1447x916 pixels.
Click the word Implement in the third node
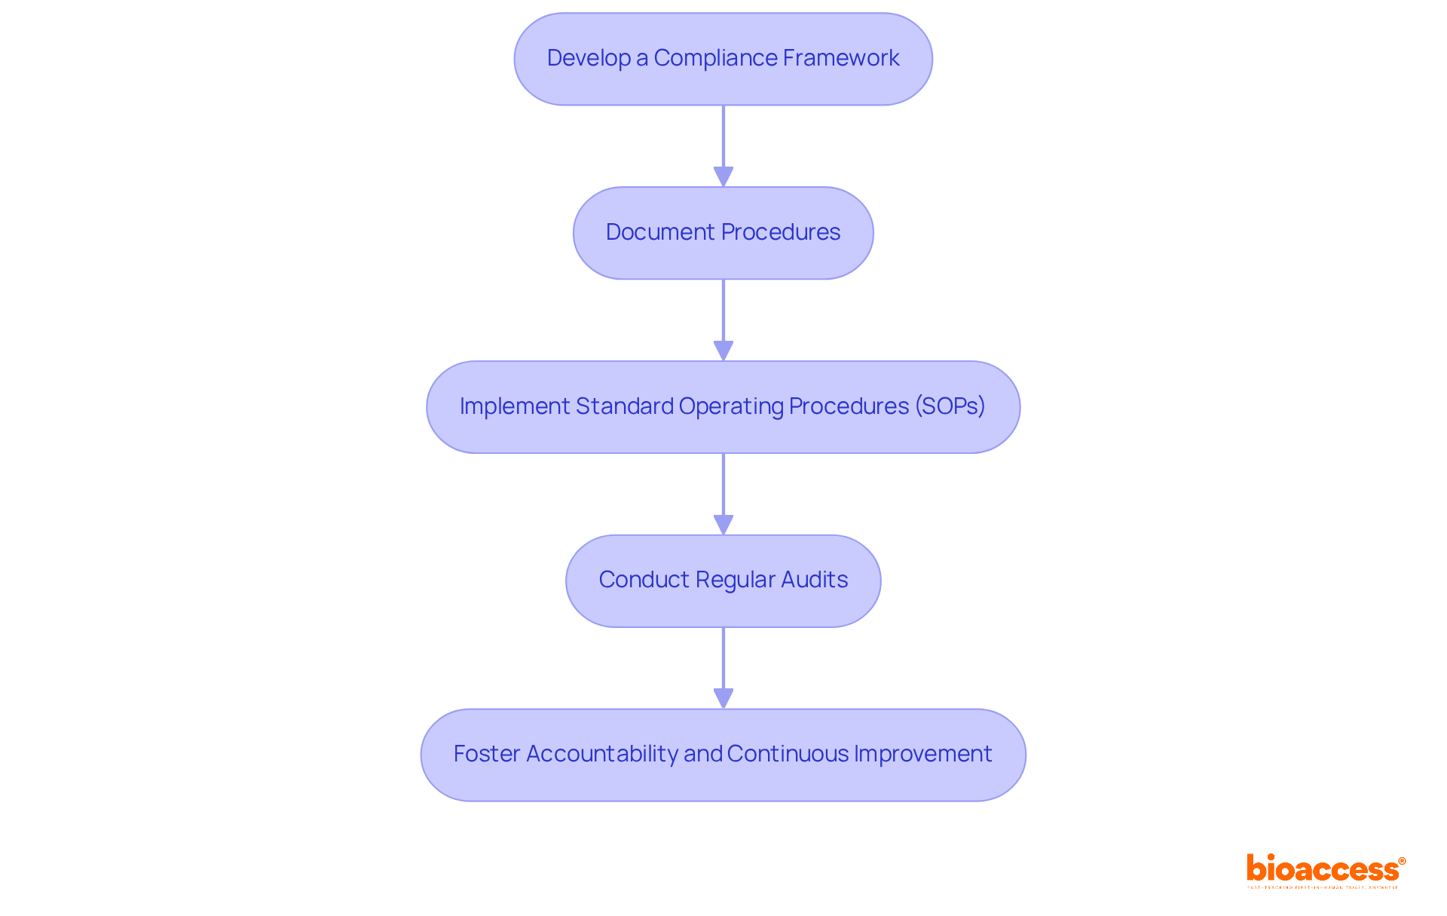point(515,406)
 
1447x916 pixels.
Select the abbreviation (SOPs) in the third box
point(950,406)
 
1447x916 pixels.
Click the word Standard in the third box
point(624,406)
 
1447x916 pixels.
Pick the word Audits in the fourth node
point(814,580)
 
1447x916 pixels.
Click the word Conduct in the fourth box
point(643,580)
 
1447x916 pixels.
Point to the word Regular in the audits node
point(735,580)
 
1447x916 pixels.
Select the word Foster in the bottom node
point(486,754)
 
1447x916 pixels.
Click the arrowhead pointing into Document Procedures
point(723,177)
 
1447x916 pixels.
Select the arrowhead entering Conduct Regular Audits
point(723,525)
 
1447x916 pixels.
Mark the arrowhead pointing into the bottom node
point(723,699)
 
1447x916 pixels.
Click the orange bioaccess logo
point(1325,870)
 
